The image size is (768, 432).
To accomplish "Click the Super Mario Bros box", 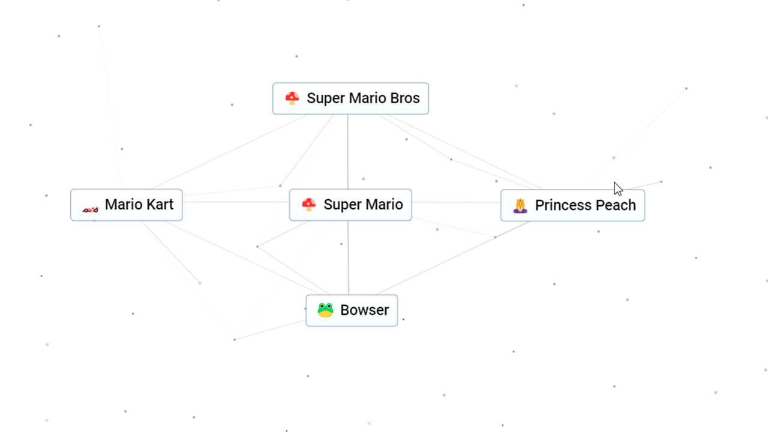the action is (x=350, y=98).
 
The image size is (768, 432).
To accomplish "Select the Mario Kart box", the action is (x=126, y=205).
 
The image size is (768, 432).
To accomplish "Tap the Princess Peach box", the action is (x=572, y=205).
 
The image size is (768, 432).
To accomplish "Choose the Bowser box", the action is (x=352, y=310).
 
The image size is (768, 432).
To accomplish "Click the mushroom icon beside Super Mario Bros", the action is (x=292, y=98).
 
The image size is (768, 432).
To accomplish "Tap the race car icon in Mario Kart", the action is (x=90, y=209).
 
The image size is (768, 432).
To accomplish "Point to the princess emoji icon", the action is (x=520, y=206).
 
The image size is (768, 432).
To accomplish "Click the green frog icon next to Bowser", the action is (x=325, y=310).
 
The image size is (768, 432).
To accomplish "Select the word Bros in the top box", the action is (x=404, y=98).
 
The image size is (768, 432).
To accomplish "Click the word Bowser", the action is (x=364, y=310).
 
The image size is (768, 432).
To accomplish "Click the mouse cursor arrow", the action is (x=617, y=188).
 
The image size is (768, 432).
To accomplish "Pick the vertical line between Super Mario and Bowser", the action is (x=349, y=258).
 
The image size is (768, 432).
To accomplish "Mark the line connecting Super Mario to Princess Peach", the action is (x=456, y=202).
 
